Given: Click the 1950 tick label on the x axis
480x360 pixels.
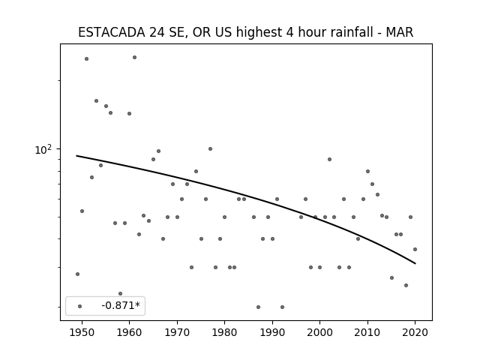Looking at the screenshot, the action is [82, 333].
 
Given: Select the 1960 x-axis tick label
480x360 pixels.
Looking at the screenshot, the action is [129, 333].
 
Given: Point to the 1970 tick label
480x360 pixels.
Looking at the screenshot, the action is [177, 333].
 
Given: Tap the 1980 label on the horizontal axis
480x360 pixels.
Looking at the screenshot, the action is [224, 333].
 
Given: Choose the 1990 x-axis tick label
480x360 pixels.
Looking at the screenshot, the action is [272, 333].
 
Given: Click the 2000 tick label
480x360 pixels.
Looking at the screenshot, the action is [319, 333].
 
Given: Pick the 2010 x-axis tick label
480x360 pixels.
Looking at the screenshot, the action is [367, 333].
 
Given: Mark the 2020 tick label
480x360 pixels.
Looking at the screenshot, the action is [415, 333].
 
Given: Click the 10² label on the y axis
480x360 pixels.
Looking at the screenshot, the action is [43, 149].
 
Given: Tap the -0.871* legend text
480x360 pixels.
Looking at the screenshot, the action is [121, 305].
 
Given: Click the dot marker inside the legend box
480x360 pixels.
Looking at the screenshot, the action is [80, 306].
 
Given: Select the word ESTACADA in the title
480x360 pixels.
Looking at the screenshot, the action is [112, 32].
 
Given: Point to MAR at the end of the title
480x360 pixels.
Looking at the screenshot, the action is [400, 32].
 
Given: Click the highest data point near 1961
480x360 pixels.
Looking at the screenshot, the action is [134, 57].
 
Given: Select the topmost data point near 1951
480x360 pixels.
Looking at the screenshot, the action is [87, 58].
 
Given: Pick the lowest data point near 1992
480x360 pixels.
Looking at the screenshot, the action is [282, 307].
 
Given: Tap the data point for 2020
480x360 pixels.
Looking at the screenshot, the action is [415, 250].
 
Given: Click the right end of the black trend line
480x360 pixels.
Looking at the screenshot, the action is [415, 263].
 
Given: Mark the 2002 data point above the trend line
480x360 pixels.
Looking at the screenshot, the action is [329, 159].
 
